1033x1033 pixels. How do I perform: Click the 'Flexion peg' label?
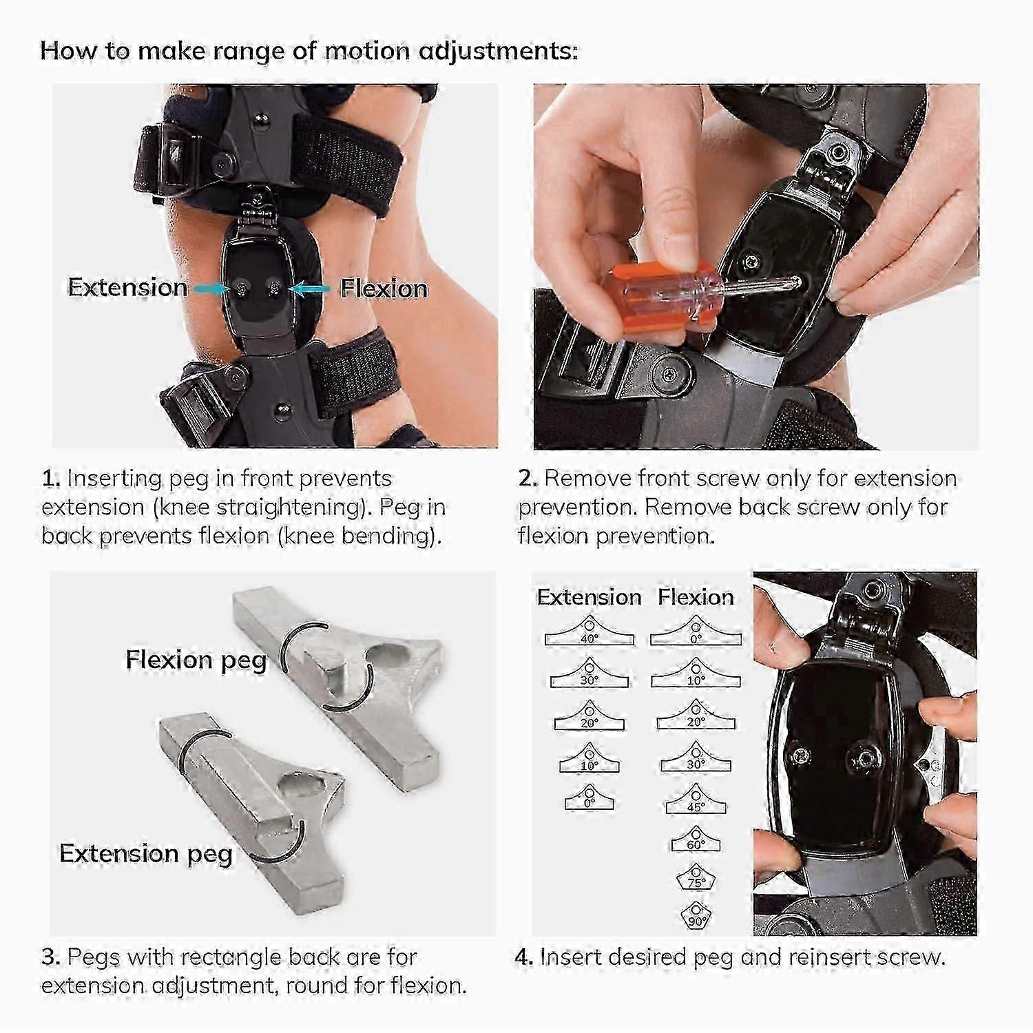(x=196, y=660)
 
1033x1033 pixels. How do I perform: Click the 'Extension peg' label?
(x=146, y=853)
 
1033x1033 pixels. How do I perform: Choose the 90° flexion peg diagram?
(x=696, y=917)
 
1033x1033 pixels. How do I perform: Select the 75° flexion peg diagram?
(x=696, y=879)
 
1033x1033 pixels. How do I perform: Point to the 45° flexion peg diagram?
(x=696, y=803)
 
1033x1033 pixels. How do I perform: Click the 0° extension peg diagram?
(x=589, y=799)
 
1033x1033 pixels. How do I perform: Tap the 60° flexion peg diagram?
(x=696, y=841)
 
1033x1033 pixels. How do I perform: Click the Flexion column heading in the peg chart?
(x=696, y=596)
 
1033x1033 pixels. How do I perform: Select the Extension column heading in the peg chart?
(x=589, y=596)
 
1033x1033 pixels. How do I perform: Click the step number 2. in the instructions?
(x=528, y=479)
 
